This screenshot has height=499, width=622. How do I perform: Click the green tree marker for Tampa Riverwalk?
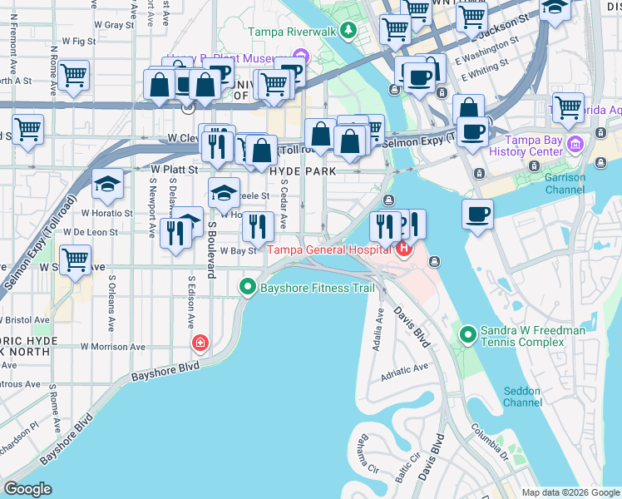point(348,32)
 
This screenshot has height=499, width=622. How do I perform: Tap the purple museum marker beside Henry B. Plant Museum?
point(300,57)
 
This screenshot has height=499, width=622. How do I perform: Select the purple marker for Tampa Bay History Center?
point(575,146)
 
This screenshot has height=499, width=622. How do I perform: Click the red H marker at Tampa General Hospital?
point(404,249)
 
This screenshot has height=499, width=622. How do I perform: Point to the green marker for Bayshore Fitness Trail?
point(247,288)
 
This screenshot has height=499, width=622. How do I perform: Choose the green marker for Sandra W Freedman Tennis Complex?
point(468,335)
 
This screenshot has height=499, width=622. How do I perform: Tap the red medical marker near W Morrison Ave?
point(200,343)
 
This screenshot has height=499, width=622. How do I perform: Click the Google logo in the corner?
point(27,489)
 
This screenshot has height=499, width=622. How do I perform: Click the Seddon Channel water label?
point(522,397)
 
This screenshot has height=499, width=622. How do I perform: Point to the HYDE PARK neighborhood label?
point(302,170)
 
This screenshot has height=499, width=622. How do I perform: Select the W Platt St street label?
point(174,169)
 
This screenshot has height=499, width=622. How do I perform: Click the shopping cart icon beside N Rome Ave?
point(74,77)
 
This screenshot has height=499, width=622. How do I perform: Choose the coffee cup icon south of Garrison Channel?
point(478,214)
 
